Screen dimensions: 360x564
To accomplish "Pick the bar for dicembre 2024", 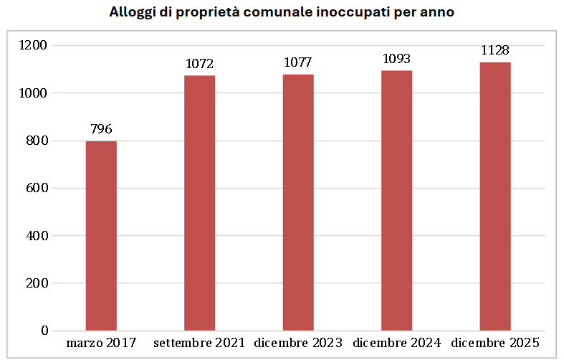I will click(396, 200).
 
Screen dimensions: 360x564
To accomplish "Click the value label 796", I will click(101, 130).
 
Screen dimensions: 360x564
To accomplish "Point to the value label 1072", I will click(199, 64).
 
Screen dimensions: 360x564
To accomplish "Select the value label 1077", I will click(298, 63).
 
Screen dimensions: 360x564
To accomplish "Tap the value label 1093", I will click(396, 59).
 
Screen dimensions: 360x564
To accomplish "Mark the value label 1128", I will click(495, 50).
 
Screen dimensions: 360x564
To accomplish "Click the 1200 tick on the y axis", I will click(33, 46).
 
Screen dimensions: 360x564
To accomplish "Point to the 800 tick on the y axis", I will click(37, 141).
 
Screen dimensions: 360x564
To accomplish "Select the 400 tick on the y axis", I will click(37, 236).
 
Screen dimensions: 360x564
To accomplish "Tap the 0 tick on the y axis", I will click(44, 331).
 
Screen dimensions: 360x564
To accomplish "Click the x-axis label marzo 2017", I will click(101, 342).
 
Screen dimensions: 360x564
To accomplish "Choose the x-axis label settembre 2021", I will click(199, 342).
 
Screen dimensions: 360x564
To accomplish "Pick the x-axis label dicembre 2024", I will click(396, 342).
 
